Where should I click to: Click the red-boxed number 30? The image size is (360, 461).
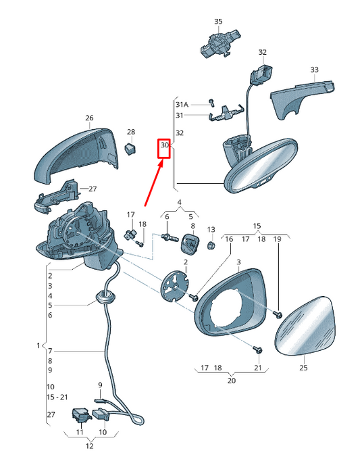click(165, 145)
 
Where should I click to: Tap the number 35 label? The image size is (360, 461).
click(218, 22)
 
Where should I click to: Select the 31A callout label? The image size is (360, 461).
click(182, 104)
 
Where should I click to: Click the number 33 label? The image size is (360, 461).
click(315, 70)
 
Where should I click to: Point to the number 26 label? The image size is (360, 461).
click(89, 118)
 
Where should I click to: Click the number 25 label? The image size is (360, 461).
click(303, 368)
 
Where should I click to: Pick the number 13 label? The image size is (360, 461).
click(211, 229)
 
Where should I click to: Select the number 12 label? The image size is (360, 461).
click(90, 446)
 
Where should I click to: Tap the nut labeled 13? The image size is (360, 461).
click(211, 245)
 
